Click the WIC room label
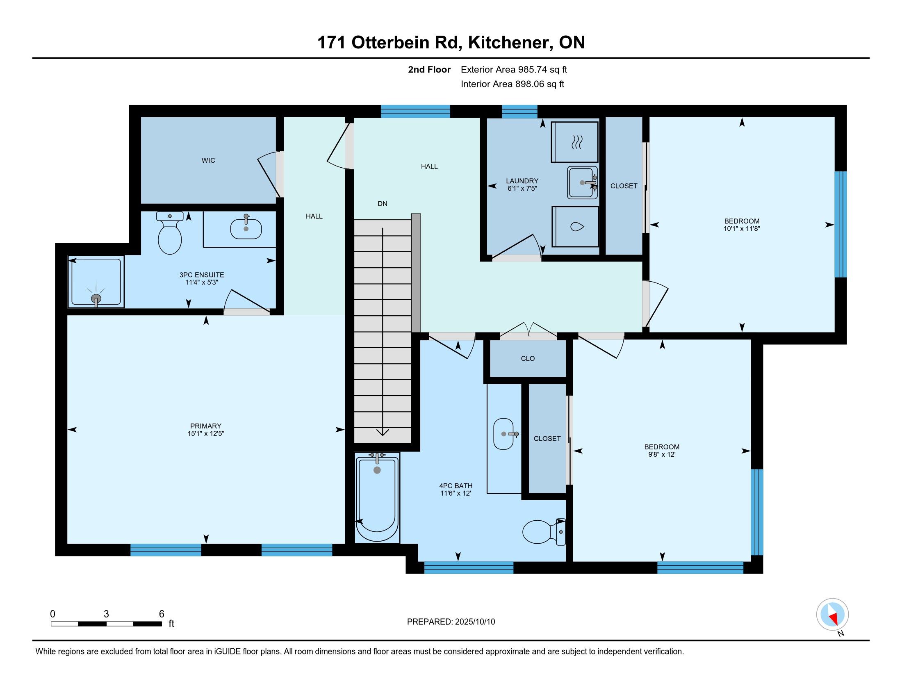tap(208, 160)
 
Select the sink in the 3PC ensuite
tap(246, 228)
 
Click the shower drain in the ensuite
tap(96, 298)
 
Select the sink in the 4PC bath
tap(504, 434)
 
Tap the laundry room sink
tap(582, 182)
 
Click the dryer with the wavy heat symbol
tap(574, 141)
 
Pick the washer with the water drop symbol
tap(575, 227)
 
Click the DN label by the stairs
tap(383, 204)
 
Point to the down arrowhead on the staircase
tap(383, 432)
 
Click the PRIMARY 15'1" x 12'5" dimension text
tap(206, 433)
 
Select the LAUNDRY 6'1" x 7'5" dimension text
tap(522, 188)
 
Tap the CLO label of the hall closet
tap(528, 358)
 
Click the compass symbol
tap(832, 615)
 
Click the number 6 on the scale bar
tap(162, 614)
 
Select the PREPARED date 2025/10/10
tap(474, 622)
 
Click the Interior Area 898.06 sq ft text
tap(512, 84)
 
